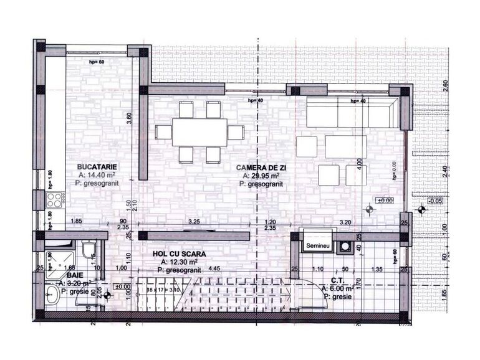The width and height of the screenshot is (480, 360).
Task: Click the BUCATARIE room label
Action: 97,166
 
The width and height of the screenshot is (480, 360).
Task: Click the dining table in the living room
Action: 199,132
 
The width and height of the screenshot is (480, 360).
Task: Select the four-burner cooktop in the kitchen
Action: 54,201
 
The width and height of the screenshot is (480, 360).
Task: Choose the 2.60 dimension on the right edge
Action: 445,86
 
